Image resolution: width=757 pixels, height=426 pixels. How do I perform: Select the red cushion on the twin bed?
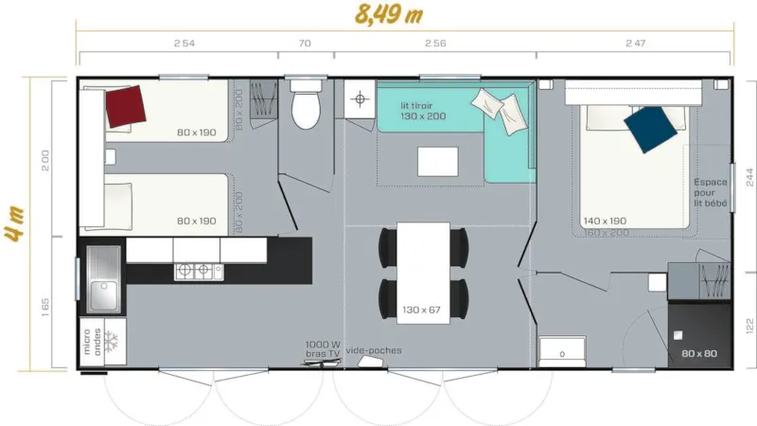126,105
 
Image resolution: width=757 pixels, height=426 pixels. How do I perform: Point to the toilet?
306,109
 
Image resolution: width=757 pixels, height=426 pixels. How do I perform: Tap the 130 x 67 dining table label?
421,310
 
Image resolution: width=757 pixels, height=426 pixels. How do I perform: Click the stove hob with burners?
195,272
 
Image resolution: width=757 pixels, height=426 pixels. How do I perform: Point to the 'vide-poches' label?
374,350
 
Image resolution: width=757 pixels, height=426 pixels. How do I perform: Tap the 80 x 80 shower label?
698,354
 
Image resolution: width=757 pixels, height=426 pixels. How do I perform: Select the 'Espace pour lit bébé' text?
710,192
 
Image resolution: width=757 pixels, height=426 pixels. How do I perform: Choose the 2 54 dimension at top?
185,44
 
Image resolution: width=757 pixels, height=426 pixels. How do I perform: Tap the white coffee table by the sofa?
437,161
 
